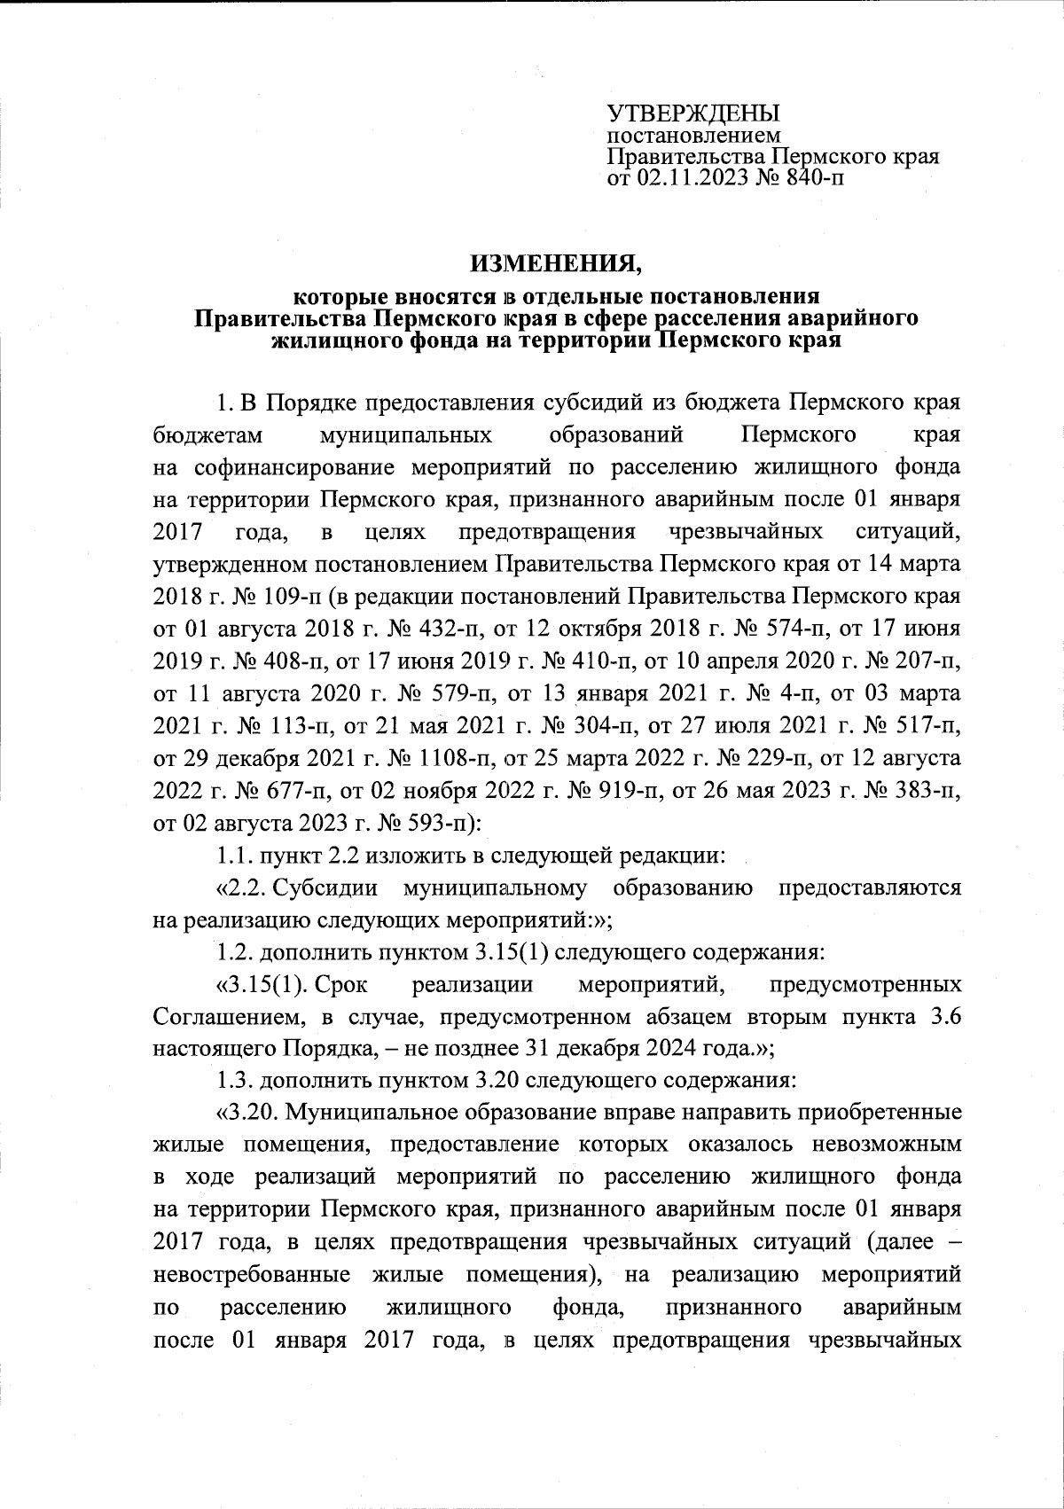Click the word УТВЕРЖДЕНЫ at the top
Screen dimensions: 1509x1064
[x=692, y=113]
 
